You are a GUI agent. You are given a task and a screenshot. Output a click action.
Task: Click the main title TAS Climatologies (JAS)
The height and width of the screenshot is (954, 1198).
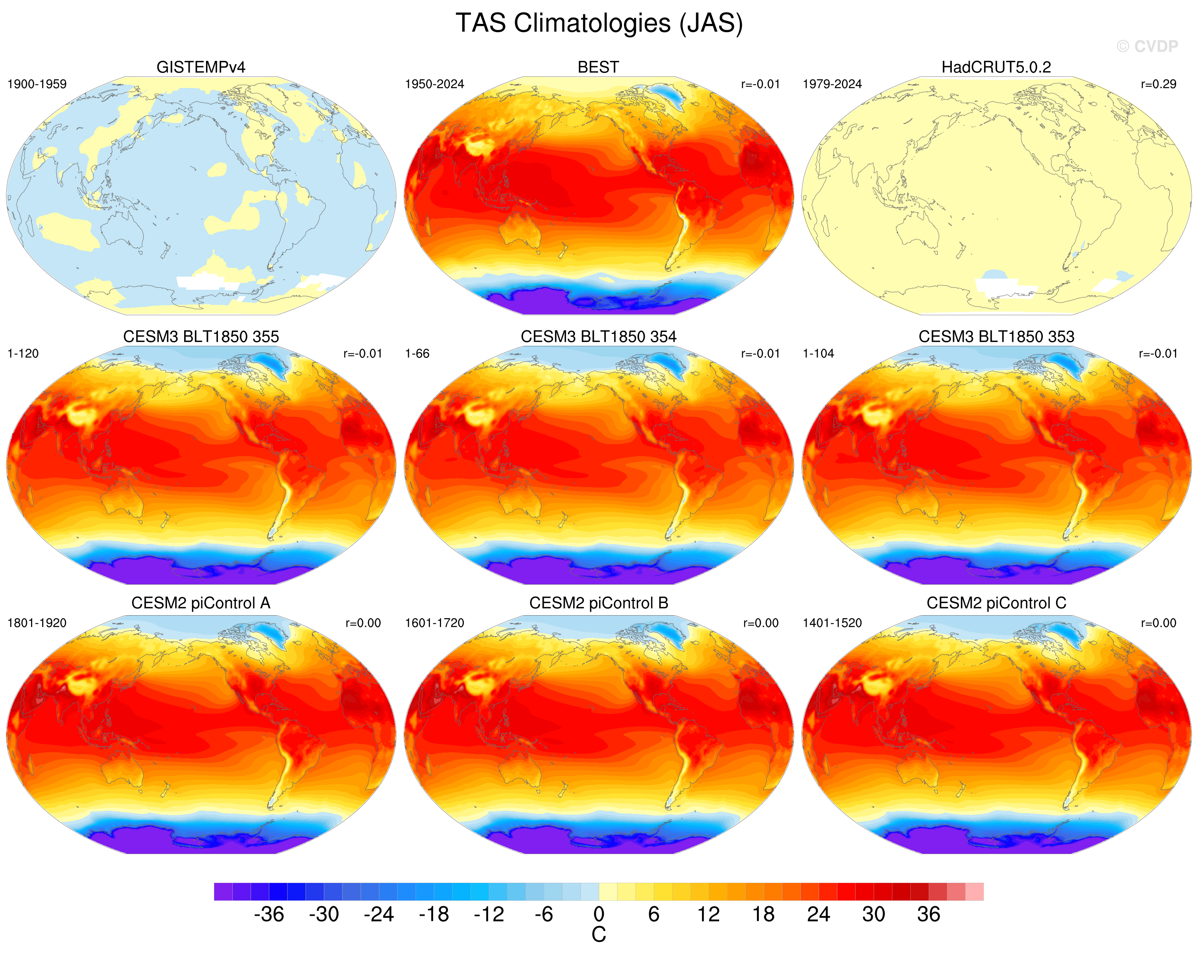point(599,23)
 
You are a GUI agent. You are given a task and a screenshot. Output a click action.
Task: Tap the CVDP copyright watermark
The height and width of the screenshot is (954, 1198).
point(1147,46)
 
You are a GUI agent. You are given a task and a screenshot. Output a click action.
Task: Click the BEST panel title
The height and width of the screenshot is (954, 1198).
point(599,67)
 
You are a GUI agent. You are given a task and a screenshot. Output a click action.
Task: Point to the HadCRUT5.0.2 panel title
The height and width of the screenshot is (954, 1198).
point(996,67)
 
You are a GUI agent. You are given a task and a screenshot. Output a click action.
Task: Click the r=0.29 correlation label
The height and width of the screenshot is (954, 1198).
point(1159,84)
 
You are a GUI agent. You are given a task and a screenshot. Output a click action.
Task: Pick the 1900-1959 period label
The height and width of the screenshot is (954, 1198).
point(37,84)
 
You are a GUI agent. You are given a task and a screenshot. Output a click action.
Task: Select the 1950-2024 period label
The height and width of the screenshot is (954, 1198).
point(434,84)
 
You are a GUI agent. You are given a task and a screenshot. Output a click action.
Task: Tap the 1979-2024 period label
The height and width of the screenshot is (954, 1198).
point(832,84)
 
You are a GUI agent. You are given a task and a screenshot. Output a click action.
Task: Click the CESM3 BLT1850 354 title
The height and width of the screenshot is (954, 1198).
point(599,336)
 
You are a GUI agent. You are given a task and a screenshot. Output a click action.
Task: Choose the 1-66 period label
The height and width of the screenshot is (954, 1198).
point(417,353)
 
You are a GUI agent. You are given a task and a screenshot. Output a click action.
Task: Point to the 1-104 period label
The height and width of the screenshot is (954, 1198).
point(819,353)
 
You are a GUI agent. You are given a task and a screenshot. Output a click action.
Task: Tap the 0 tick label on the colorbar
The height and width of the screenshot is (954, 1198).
point(599,915)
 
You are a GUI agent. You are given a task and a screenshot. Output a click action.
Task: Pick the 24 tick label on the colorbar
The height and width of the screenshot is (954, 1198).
point(819,915)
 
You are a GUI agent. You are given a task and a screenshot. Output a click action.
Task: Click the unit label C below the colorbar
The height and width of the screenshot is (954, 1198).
point(599,935)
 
